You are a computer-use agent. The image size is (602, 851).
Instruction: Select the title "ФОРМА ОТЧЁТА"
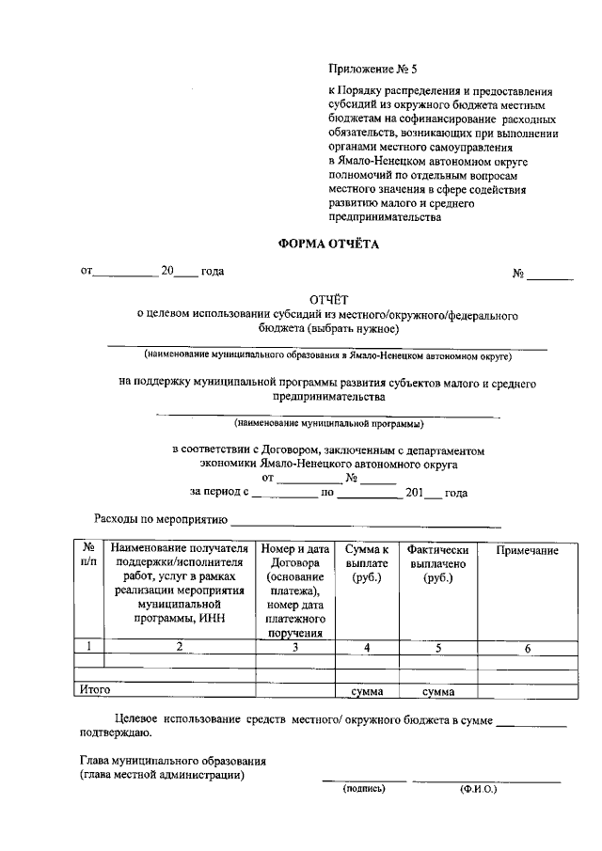[327, 244]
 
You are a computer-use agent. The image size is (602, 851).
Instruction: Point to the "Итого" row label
[95, 691]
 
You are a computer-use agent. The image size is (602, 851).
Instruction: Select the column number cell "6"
[527, 647]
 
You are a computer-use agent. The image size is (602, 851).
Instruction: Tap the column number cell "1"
[88, 647]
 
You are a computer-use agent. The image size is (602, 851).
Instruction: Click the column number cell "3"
[294, 647]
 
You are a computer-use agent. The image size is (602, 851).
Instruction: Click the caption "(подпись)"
[364, 789]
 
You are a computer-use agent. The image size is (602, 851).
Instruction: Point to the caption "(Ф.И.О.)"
[478, 789]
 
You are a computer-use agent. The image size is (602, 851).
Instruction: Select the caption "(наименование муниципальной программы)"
[328, 423]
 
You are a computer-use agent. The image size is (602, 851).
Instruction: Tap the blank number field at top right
[549, 274]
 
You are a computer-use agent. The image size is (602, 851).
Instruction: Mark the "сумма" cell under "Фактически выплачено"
[438, 692]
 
